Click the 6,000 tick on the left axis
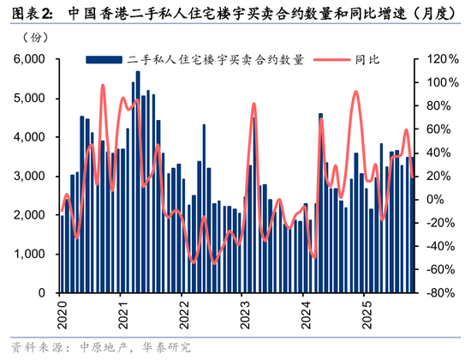[30, 59]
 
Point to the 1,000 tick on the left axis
[30, 254]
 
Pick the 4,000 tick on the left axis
[30, 137]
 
